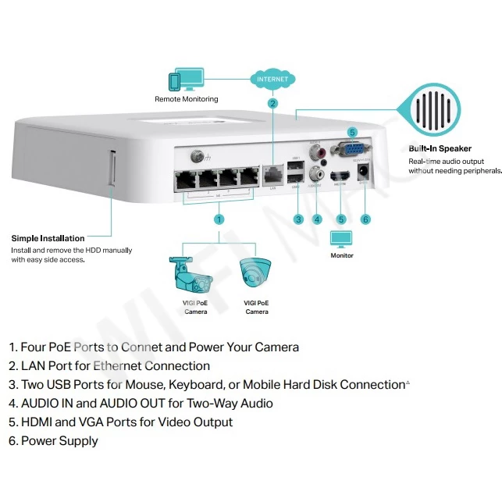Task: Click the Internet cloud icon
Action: pyautogui.click(x=272, y=78)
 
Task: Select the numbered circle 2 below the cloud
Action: pyautogui.click(x=272, y=103)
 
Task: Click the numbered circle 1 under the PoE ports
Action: pyautogui.click(x=219, y=219)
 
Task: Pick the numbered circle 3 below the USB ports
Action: pyautogui.click(x=298, y=219)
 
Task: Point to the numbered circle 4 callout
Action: pyautogui.click(x=317, y=219)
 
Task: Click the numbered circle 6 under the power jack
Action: pyautogui.click(x=365, y=219)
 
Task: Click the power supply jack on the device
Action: pyautogui.click(x=363, y=174)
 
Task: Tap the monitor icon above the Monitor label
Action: pyautogui.click(x=341, y=240)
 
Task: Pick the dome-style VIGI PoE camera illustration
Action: pyautogui.click(x=256, y=273)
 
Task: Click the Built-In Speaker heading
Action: pyautogui.click(x=440, y=148)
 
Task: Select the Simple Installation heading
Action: pyautogui.click(x=48, y=238)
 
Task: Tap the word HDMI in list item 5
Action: pyautogui.click(x=37, y=422)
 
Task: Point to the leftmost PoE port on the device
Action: pyautogui.click(x=187, y=177)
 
